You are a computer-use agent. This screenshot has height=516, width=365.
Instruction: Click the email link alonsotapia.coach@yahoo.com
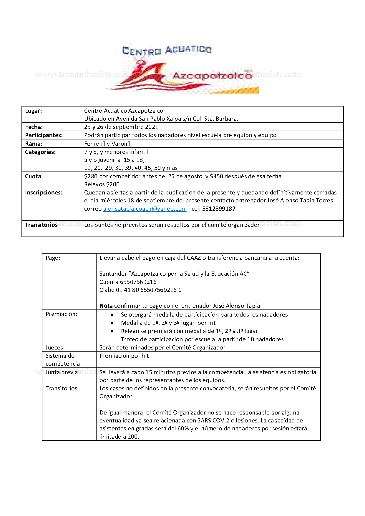coord(145,209)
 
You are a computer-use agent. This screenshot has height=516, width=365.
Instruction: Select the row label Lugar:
coord(34,111)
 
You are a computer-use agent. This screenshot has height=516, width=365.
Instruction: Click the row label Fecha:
coord(34,127)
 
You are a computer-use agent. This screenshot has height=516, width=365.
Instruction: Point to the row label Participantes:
coord(44,135)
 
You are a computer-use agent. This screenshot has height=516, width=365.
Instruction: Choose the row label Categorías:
coord(40,152)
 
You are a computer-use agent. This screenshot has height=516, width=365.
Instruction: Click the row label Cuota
coord(33,177)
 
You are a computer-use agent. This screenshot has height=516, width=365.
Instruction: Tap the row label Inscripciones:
coord(44,193)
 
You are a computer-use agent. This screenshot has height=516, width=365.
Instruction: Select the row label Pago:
coord(53,258)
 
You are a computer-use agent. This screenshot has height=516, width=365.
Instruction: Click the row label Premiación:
coord(62,314)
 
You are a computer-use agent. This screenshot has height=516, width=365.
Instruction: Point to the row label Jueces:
coord(55,348)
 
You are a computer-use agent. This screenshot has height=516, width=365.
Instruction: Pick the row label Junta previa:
coord(62,372)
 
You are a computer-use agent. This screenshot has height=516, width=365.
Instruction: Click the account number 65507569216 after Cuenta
coord(138,282)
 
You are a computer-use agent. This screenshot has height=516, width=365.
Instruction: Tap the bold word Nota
coord(106,306)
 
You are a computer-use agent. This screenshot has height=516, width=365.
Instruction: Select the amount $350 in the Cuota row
coord(216,177)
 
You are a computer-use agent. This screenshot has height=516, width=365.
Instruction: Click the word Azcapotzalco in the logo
coord(212,76)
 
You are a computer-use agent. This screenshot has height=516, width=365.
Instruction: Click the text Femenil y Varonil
coord(107,144)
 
